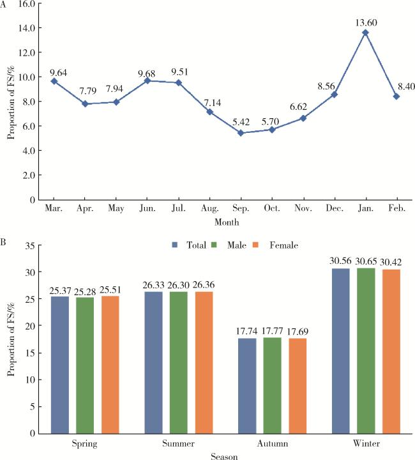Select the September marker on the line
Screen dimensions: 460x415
click(241, 133)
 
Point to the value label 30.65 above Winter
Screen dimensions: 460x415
click(366, 262)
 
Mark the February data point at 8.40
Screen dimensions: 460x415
click(396, 96)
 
